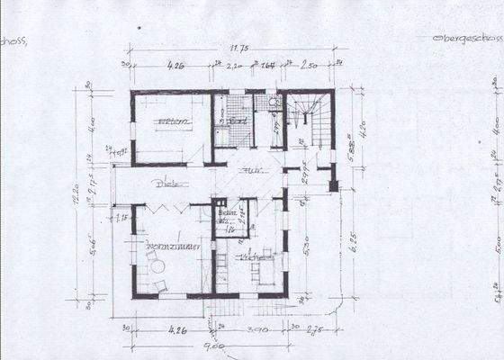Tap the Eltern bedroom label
click(173, 121)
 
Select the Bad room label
click(238, 121)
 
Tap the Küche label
click(249, 257)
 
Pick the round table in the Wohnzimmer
click(157, 266)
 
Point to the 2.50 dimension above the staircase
click(309, 66)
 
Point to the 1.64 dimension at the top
click(267, 66)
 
